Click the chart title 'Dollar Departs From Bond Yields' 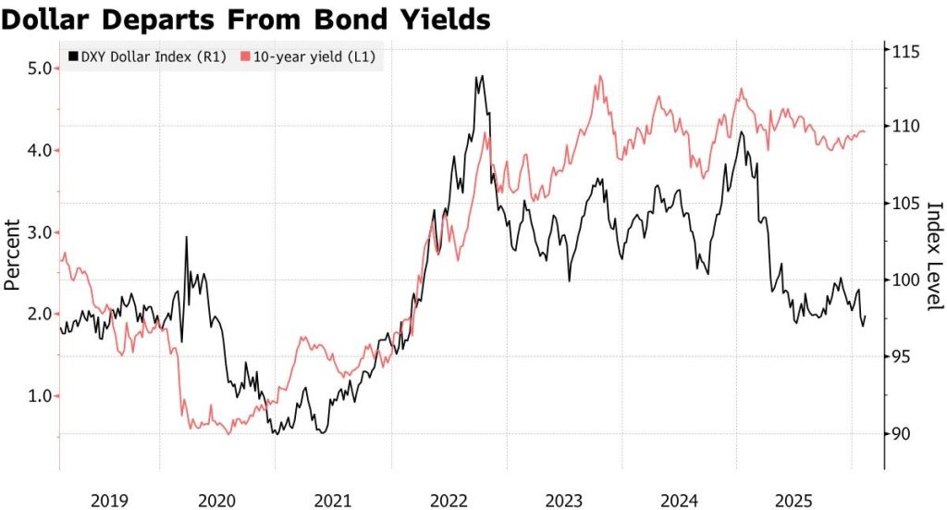[246, 18]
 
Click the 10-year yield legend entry [310, 57]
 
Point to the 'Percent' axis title [12, 255]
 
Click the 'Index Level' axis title [933, 255]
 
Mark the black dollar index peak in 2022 [479, 77]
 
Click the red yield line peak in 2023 [600, 76]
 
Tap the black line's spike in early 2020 [187, 237]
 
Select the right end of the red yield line [866, 131]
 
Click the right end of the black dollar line [866, 317]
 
